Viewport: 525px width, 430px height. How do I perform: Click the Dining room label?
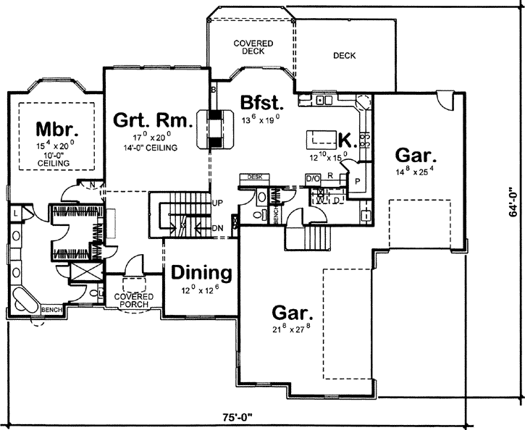(x=201, y=274)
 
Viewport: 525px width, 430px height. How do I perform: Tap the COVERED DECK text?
(x=253, y=48)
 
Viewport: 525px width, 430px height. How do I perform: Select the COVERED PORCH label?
(x=132, y=300)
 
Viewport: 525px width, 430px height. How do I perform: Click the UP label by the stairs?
(x=218, y=203)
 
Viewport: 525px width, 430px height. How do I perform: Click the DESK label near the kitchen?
(x=254, y=177)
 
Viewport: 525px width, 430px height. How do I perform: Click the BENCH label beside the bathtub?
(x=51, y=310)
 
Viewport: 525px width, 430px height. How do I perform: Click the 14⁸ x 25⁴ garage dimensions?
(x=415, y=172)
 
